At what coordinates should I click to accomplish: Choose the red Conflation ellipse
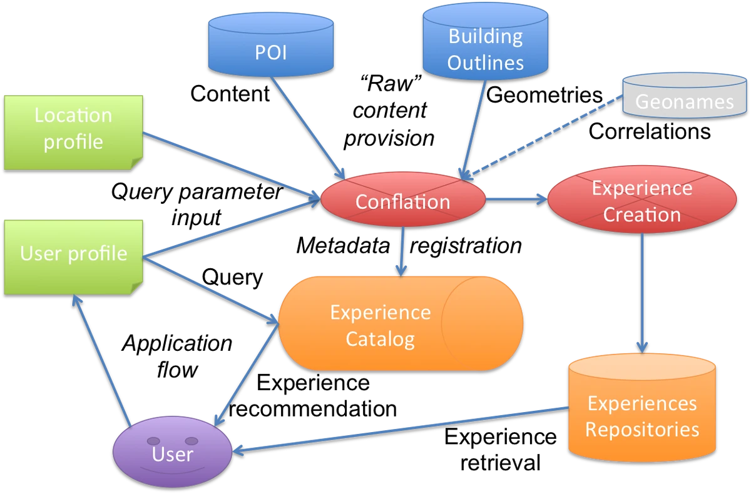pyautogui.click(x=402, y=201)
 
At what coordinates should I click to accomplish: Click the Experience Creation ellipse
pyautogui.click(x=641, y=201)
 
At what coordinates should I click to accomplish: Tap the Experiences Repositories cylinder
pyautogui.click(x=642, y=413)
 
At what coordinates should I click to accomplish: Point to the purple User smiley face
pyautogui.click(x=172, y=452)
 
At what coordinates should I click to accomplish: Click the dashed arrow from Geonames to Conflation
pyautogui.click(x=544, y=138)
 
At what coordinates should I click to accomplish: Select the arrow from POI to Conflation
pyautogui.click(x=307, y=129)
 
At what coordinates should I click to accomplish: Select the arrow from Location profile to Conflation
pyautogui.click(x=232, y=166)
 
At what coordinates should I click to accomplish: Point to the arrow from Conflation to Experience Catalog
pyautogui.click(x=402, y=250)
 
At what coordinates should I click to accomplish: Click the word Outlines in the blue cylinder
pyautogui.click(x=486, y=63)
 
